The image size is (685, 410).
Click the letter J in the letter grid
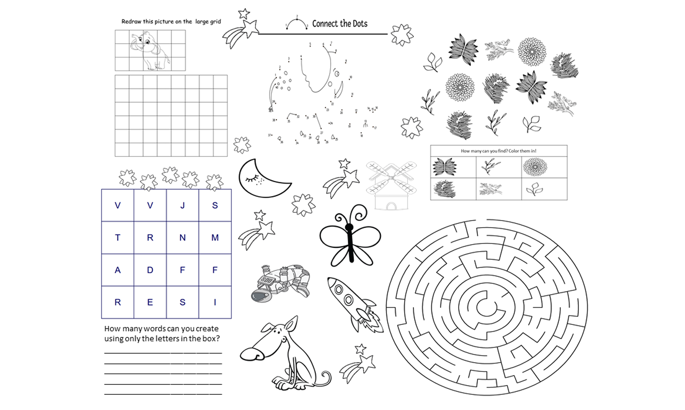pyautogui.click(x=182, y=205)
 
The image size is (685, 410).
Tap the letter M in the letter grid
pyautogui.click(x=215, y=238)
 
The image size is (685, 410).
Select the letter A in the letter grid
pyautogui.click(x=118, y=270)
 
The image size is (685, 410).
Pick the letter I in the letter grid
pyautogui.click(x=215, y=302)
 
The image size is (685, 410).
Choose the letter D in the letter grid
pyautogui.click(x=150, y=270)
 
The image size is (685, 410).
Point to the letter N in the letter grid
pyautogui.click(x=182, y=238)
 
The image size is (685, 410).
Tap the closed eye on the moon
pyautogui.click(x=252, y=180)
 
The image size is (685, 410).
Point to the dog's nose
pyautogui.click(x=249, y=355)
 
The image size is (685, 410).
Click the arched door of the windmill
pyautogui.click(x=391, y=206)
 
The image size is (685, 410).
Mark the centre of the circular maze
pyautogui.click(x=487, y=307)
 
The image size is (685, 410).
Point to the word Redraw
pyautogui.click(x=132, y=22)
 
